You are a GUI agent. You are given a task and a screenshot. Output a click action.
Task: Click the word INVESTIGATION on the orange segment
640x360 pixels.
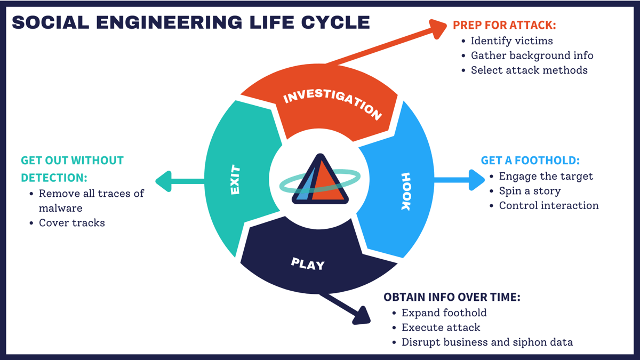(x=332, y=104)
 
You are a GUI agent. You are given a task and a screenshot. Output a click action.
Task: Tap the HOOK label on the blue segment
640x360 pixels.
(x=406, y=191)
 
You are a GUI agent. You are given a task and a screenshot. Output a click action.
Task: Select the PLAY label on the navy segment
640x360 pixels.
(x=308, y=263)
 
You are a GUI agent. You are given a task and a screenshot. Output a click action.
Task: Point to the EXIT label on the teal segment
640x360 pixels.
(x=235, y=180)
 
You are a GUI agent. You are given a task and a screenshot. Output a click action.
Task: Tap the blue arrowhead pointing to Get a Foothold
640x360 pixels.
(x=476, y=180)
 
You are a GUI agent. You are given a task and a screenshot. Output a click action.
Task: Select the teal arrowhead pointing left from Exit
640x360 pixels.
(x=163, y=181)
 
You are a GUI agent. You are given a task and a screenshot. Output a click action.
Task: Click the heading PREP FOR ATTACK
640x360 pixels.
(x=504, y=25)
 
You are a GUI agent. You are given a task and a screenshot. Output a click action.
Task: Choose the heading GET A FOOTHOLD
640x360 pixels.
(x=530, y=161)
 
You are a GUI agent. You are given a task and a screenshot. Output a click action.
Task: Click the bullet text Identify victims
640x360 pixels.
(x=511, y=41)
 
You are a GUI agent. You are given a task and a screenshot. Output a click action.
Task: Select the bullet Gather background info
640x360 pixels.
(x=532, y=55)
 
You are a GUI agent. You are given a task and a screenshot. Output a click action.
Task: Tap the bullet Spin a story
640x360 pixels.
(x=530, y=190)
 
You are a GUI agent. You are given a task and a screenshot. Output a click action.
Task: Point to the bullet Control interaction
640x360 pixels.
(x=548, y=205)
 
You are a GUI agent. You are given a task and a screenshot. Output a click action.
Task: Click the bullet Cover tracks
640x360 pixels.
(x=71, y=223)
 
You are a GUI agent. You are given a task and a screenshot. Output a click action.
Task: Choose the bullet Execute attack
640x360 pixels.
(x=441, y=327)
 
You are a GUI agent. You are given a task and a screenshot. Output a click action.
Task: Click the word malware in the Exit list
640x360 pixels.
(x=60, y=208)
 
